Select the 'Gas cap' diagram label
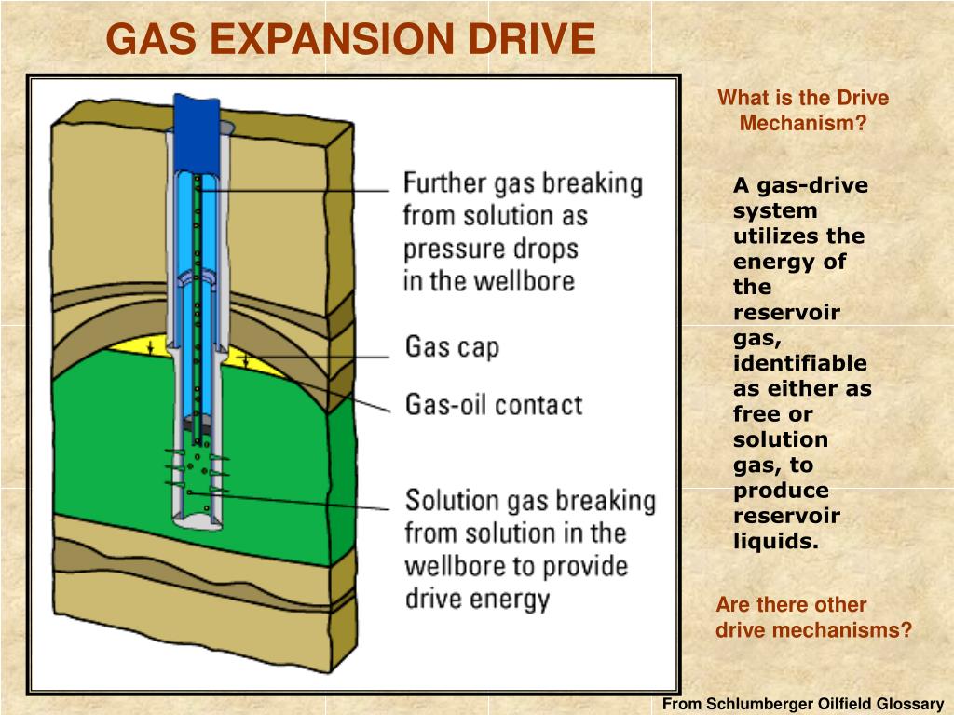point(452,347)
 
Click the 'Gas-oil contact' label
point(493,405)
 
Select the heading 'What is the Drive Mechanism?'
point(802,111)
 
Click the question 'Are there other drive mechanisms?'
point(812,617)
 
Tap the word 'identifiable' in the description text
point(799,363)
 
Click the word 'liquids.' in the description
point(775,541)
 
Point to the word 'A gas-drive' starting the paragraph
point(800,185)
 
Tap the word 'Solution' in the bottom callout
point(452,501)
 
